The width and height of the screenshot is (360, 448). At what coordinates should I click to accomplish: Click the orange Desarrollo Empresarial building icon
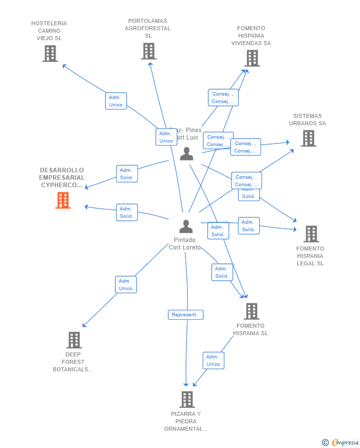63,200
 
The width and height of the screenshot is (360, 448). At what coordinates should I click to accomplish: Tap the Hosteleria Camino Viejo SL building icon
50,53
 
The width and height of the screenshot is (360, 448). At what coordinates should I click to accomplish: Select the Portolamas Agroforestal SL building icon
148,51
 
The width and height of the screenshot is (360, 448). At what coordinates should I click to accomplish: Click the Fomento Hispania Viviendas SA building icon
252,58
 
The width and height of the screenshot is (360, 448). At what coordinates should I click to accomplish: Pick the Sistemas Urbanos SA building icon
308,139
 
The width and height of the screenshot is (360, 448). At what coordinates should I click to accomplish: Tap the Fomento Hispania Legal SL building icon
311,234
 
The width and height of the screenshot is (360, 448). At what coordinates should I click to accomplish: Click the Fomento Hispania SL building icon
251,311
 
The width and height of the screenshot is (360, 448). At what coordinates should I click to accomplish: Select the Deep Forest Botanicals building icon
74,340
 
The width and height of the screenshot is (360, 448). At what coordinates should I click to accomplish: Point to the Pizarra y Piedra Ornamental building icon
186,399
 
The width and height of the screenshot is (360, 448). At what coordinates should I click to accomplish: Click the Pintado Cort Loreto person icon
186,226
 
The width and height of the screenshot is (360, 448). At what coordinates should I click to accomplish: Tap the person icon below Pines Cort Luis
186,154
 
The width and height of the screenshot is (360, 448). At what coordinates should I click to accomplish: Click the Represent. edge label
185,315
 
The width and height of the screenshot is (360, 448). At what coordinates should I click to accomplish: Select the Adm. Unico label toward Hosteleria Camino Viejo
116,101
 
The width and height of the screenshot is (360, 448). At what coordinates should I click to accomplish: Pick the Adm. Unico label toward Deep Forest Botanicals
126,285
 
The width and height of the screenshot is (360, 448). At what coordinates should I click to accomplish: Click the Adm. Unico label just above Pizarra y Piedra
213,360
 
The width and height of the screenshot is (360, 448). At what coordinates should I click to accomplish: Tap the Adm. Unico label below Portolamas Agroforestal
166,137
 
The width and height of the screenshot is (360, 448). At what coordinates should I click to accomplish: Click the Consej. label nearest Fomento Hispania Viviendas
223,98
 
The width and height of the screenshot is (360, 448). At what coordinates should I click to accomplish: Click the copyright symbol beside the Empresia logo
325,443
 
